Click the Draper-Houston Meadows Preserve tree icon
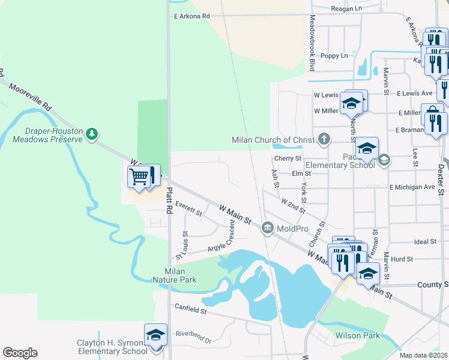pos(91,133)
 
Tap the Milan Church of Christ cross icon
pos(324,140)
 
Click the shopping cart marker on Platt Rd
pos(139,177)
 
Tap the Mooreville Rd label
pos(31,96)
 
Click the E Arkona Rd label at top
pos(191,17)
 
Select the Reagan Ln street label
pos(346,9)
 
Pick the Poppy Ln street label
pos(334,56)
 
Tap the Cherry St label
pos(287,158)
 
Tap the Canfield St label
pos(190,311)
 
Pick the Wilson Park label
pos(358,335)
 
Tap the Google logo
pos(20,353)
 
